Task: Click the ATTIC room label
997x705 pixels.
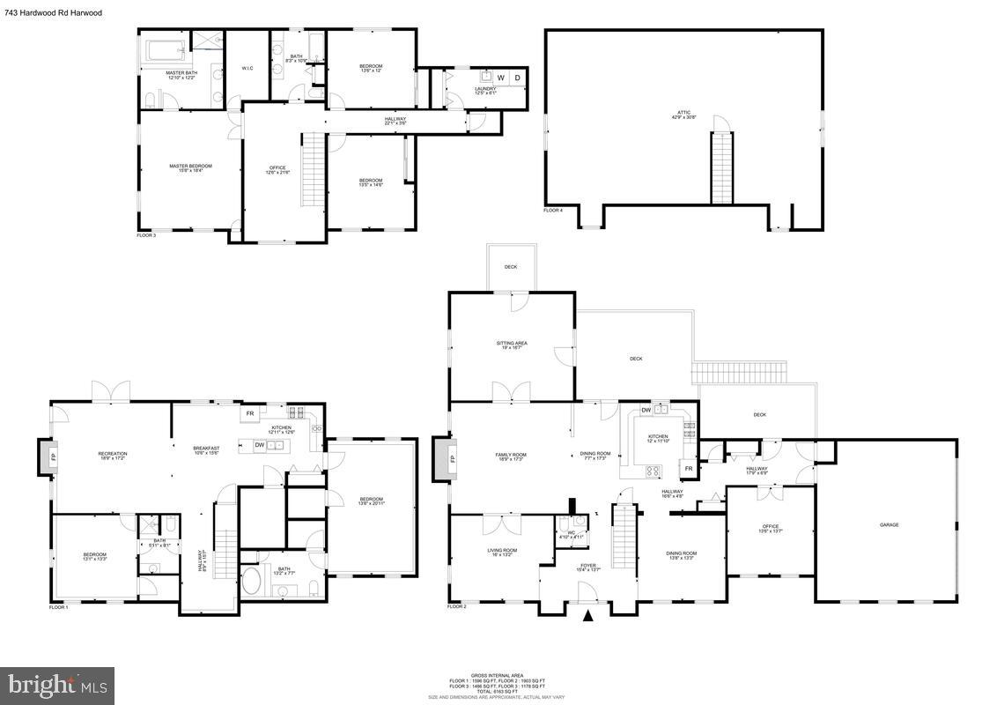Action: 683,113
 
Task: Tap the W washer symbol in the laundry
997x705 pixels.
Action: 500,78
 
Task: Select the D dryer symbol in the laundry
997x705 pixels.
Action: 517,78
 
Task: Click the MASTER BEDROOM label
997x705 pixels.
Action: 190,166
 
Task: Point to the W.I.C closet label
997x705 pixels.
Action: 247,69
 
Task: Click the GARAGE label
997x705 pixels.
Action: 889,524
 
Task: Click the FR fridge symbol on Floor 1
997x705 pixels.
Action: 250,412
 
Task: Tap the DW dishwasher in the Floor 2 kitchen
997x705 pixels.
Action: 646,409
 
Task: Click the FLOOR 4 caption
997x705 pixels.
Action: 552,211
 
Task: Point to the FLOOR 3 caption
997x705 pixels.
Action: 145,235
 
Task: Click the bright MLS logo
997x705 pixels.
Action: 58,684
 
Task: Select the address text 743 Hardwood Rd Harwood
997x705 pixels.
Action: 53,13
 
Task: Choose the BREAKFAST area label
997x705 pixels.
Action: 206,448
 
